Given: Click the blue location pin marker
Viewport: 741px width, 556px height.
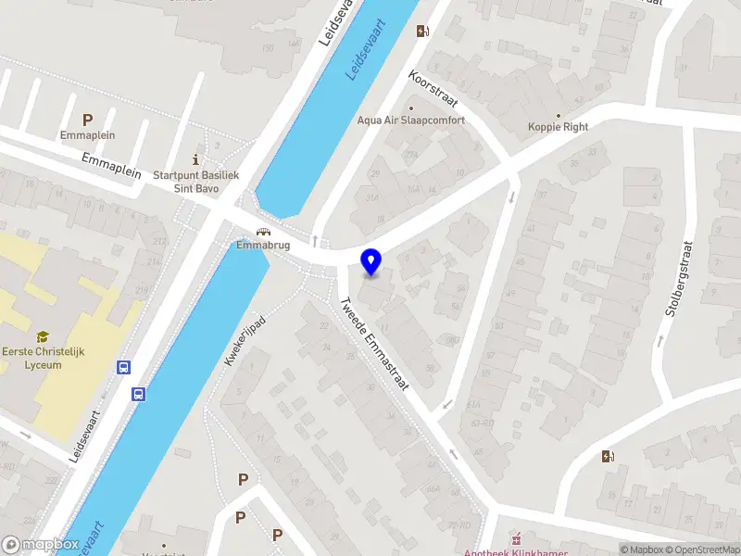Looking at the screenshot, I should pyautogui.click(x=371, y=262).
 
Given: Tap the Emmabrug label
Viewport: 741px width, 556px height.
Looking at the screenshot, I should pyautogui.click(x=263, y=246).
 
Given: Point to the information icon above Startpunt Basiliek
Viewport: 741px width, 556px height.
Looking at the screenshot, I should pyautogui.click(x=195, y=158).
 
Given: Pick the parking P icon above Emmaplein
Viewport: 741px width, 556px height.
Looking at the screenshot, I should pyautogui.click(x=88, y=119).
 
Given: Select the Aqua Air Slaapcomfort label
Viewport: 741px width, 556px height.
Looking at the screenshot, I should pyautogui.click(x=411, y=120).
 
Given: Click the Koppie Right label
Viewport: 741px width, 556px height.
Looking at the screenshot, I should pyautogui.click(x=558, y=127).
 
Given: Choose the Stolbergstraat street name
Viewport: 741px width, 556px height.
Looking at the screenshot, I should pyautogui.click(x=678, y=279).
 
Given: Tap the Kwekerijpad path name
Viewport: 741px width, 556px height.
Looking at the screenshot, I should pyautogui.click(x=245, y=340).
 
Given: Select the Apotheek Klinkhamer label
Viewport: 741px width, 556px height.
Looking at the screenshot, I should pyautogui.click(x=517, y=551).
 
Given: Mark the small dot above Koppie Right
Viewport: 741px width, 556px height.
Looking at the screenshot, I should pyautogui.click(x=558, y=113).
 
